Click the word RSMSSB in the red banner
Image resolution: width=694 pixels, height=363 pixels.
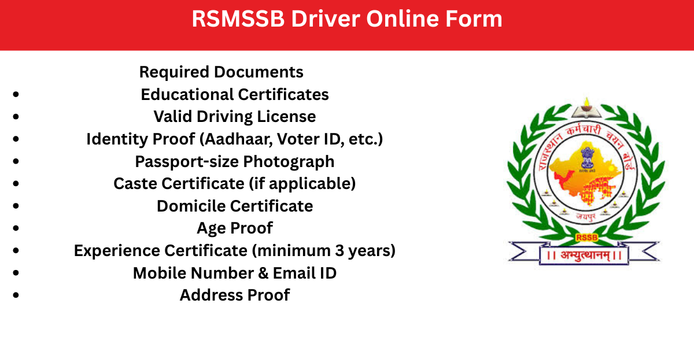[x=238, y=18]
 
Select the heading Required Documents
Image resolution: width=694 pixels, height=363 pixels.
[x=221, y=72]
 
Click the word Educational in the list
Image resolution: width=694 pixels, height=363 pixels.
[x=187, y=94]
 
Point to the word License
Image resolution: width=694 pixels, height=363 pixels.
[x=286, y=117]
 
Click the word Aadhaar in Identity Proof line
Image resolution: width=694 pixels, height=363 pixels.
[x=238, y=139]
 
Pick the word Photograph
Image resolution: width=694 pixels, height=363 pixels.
[x=289, y=162]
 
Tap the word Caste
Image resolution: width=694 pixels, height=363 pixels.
[x=136, y=184]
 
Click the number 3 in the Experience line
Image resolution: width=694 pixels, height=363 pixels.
[x=339, y=250]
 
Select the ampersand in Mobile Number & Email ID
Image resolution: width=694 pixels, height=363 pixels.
[x=263, y=273]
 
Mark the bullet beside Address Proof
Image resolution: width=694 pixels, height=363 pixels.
[x=16, y=295]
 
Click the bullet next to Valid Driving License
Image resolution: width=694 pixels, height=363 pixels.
[x=16, y=116]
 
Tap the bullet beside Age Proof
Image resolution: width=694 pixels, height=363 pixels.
[x=16, y=228]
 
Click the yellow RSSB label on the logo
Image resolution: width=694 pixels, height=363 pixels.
[x=586, y=238]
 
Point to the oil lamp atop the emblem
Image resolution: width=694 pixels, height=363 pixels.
[x=586, y=105]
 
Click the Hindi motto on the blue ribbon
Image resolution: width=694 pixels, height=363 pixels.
[x=584, y=255]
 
